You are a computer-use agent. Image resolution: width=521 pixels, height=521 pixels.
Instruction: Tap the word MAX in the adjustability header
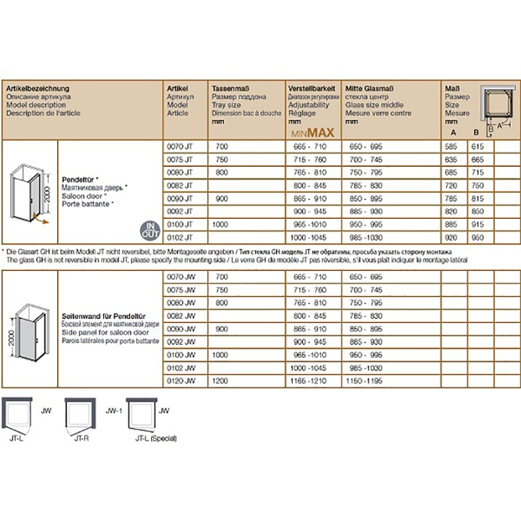(322, 132)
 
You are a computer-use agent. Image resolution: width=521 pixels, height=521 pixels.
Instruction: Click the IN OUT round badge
(150, 230)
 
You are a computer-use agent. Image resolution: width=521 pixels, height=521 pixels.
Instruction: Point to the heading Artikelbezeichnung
(37, 89)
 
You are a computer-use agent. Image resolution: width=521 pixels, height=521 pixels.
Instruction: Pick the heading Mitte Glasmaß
(369, 89)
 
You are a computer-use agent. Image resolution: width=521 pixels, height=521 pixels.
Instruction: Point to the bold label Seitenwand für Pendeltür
(101, 313)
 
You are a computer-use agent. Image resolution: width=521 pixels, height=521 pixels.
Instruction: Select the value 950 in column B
(478, 238)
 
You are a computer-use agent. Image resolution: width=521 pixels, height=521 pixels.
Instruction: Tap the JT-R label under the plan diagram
(81, 438)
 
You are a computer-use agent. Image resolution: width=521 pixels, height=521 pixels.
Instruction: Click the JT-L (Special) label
(156, 438)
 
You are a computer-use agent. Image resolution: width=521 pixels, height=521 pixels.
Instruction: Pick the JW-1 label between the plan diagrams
(114, 411)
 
